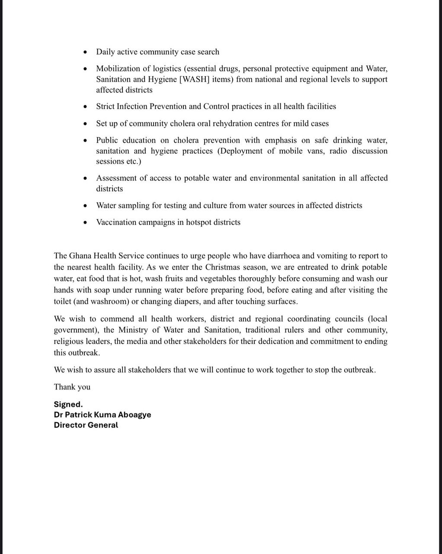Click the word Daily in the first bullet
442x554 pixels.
tap(106, 52)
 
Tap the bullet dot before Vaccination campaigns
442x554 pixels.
tap(86, 222)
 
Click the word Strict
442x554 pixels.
tap(106, 106)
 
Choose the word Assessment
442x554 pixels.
tap(115, 178)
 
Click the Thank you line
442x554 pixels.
tap(72, 387)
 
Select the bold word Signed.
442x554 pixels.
tap(68, 404)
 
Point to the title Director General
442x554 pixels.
tap(86, 425)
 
